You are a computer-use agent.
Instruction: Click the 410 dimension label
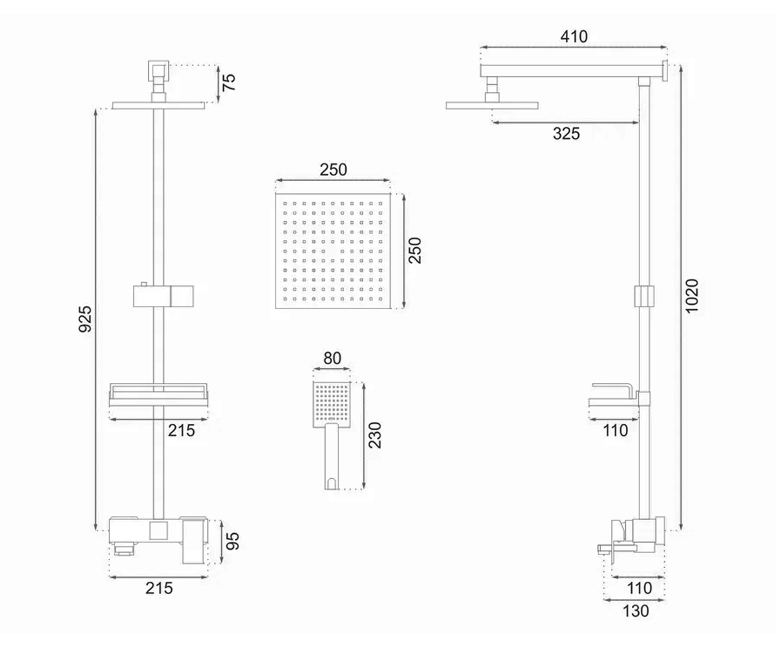[574, 36]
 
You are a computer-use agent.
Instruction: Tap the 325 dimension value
[566, 133]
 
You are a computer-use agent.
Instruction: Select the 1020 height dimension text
[692, 296]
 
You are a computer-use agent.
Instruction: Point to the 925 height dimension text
[85, 319]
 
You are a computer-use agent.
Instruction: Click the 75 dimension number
[229, 82]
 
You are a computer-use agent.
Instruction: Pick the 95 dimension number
[233, 541]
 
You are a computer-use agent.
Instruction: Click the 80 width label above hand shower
[332, 358]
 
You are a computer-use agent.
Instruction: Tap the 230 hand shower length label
[374, 435]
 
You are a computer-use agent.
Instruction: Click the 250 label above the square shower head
[333, 170]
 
